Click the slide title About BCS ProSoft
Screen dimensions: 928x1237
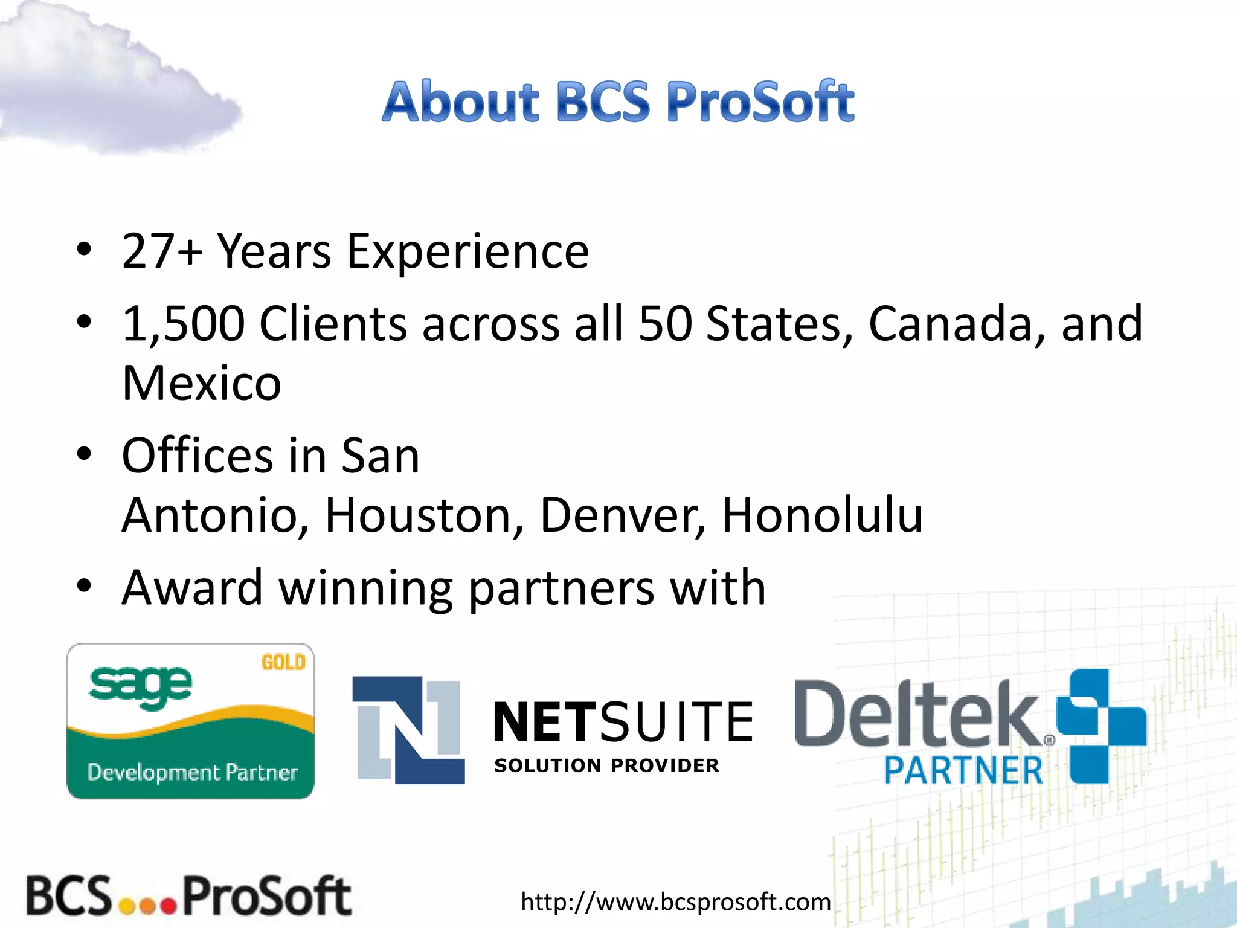click(x=618, y=101)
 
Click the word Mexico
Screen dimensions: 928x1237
click(x=202, y=383)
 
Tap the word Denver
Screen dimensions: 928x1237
click(x=622, y=515)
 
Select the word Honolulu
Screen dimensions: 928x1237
click(x=822, y=515)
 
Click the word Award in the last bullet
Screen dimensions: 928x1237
click(x=191, y=587)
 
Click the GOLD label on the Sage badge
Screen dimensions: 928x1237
click(x=283, y=662)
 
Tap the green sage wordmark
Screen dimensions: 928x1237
click(x=140, y=688)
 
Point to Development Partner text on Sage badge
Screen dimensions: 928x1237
click(x=192, y=772)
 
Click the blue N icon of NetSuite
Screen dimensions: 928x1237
click(x=409, y=730)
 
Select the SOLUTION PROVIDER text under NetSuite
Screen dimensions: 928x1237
click(x=606, y=765)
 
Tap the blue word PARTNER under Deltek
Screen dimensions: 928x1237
click(x=963, y=770)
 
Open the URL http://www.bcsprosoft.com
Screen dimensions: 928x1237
click(x=675, y=901)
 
